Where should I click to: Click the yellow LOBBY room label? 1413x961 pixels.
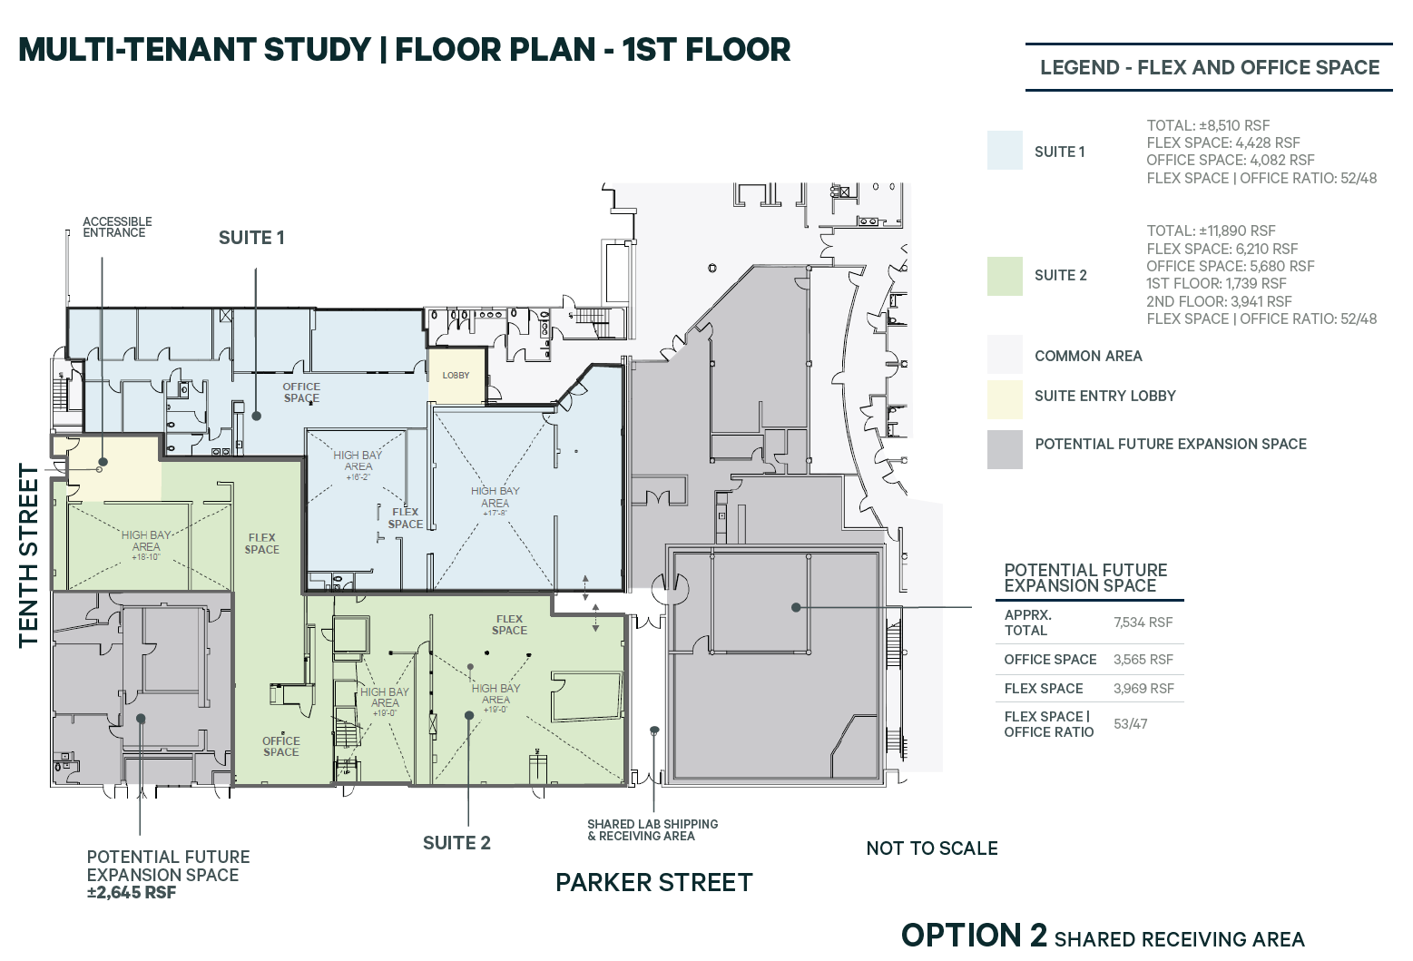[x=456, y=375]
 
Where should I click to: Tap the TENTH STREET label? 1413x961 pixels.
[x=29, y=555]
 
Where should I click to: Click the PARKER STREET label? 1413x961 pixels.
[x=653, y=883]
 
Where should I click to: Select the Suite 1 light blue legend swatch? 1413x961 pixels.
[x=1005, y=151]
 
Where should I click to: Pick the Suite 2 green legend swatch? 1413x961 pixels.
[x=1005, y=276]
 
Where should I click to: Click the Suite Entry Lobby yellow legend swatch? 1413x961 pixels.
[x=1005, y=399]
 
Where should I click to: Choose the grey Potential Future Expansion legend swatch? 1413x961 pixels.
[x=1005, y=449]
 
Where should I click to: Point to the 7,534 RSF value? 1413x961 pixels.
[x=1143, y=623]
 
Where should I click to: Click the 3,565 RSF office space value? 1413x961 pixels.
[x=1143, y=660]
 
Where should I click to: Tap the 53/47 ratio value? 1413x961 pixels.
[x=1130, y=724]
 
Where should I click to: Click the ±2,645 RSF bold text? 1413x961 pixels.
[x=132, y=893]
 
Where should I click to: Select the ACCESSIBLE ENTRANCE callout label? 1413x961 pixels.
[x=117, y=227]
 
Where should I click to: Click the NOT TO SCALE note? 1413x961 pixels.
[x=932, y=848]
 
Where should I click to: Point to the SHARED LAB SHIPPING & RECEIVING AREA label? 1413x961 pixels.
[x=653, y=830]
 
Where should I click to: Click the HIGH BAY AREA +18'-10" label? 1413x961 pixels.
[x=146, y=545]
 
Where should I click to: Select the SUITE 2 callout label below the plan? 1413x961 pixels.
[x=456, y=843]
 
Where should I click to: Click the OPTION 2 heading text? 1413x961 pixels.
[x=974, y=936]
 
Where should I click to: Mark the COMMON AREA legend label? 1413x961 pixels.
[x=1088, y=356]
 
